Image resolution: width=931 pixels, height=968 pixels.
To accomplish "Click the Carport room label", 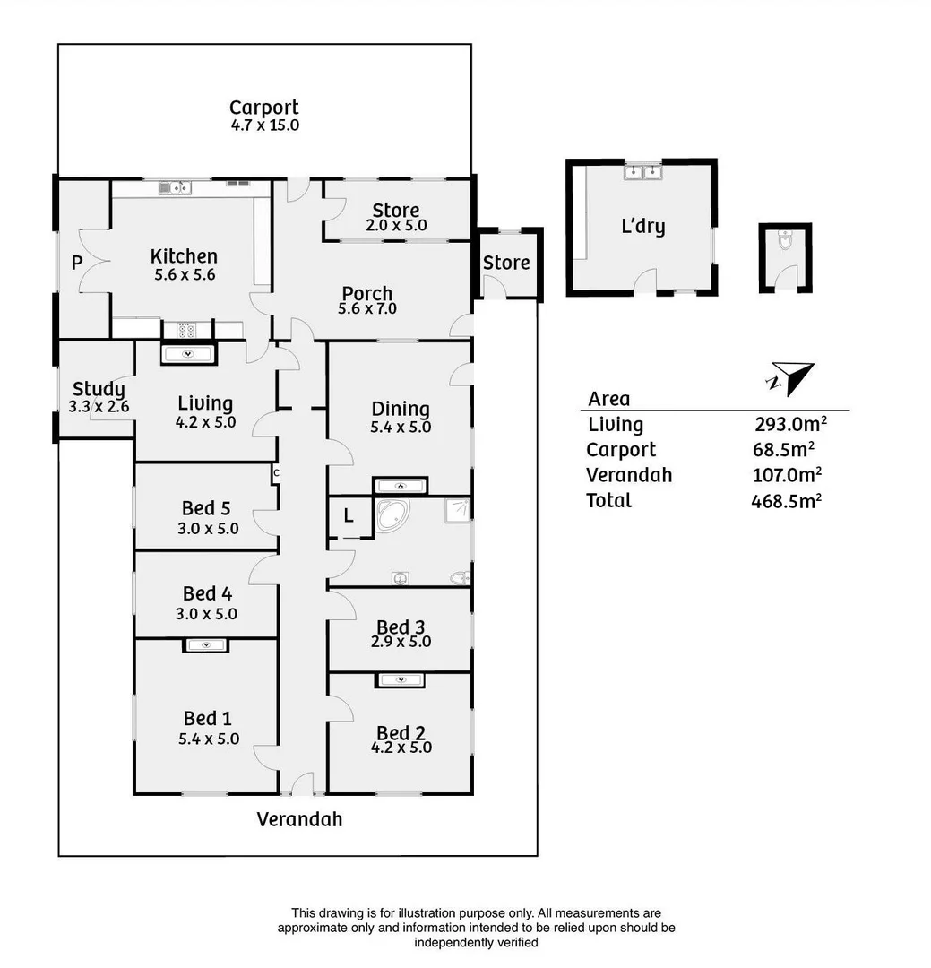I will (263, 108).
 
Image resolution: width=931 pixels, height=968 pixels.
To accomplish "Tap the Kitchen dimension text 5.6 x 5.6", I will (184, 275).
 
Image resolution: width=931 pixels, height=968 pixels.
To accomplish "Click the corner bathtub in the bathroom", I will (392, 517).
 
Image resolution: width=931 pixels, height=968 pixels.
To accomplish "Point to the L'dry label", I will (643, 226).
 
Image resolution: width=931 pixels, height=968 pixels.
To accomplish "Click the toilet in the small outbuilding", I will (785, 241).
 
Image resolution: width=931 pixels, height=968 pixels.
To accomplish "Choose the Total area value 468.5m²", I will (787, 501).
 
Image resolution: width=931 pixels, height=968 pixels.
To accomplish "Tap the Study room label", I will (99, 389).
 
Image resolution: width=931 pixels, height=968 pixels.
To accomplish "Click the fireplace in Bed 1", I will (206, 644).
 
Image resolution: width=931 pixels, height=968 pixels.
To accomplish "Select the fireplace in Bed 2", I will (400, 680).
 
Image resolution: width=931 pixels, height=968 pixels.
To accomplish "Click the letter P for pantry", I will (77, 264).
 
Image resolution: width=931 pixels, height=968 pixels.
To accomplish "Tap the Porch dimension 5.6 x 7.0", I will (366, 309).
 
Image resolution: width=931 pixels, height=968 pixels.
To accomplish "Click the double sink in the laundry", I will (642, 171).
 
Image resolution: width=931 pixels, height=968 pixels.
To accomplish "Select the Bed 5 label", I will (206, 509).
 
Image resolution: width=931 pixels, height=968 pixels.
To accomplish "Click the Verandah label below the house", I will (299, 819).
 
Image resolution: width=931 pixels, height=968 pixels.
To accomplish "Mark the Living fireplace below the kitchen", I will (188, 354).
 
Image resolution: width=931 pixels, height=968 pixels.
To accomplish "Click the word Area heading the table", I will (609, 400).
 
